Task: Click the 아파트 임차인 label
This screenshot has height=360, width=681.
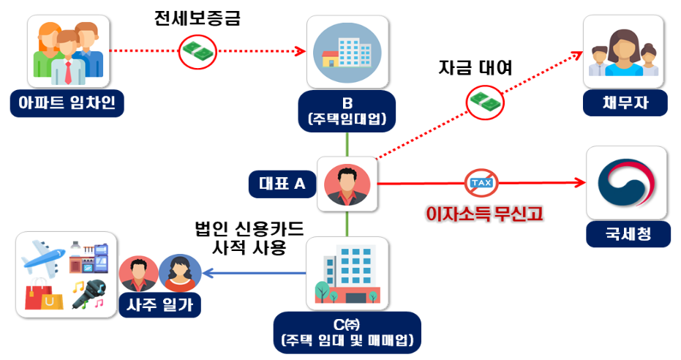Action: pyautogui.click(x=67, y=103)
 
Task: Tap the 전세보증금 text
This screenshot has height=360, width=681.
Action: pyautogui.click(x=197, y=18)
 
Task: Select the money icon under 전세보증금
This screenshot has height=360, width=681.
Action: pyautogui.click(x=197, y=51)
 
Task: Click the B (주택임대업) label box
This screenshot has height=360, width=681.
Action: pyautogui.click(x=347, y=109)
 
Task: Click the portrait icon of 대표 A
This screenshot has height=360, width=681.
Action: pyautogui.click(x=347, y=184)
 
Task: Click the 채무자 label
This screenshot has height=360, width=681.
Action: pyautogui.click(x=625, y=103)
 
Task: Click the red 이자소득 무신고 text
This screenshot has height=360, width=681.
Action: pyautogui.click(x=484, y=214)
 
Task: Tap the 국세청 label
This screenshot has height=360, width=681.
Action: pyautogui.click(x=627, y=234)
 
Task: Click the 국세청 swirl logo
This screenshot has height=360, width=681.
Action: pyautogui.click(x=627, y=182)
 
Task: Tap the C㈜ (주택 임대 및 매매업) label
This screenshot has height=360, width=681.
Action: pyautogui.click(x=347, y=332)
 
